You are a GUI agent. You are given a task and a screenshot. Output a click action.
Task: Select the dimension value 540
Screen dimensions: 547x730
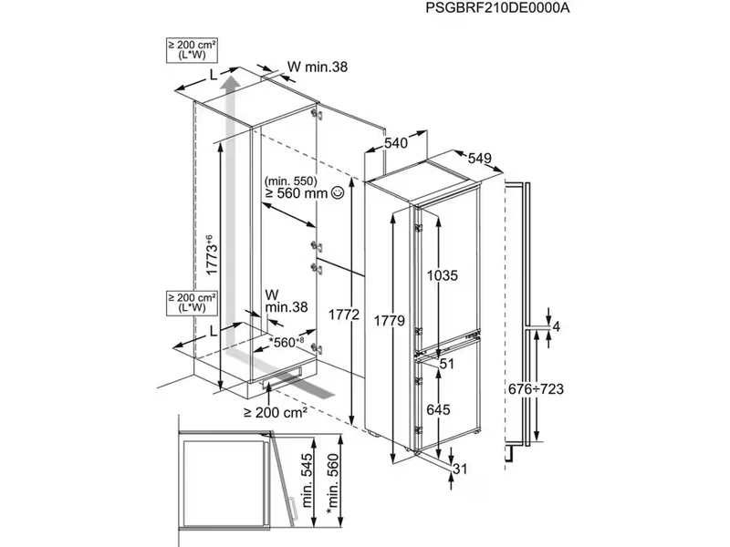pos(394,143)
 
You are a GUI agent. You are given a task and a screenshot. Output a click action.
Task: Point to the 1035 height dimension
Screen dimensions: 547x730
pos(441,274)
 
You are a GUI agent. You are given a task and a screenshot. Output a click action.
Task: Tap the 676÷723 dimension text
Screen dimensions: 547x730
pos(535,389)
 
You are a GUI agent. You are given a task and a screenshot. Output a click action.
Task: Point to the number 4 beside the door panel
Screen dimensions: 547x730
pos(556,326)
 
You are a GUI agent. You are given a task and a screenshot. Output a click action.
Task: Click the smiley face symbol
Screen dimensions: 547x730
pos(338,193)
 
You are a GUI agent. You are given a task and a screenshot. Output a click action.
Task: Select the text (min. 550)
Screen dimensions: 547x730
pos(291,181)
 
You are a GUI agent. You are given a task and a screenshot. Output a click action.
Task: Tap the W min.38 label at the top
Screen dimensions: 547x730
pos(318,66)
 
